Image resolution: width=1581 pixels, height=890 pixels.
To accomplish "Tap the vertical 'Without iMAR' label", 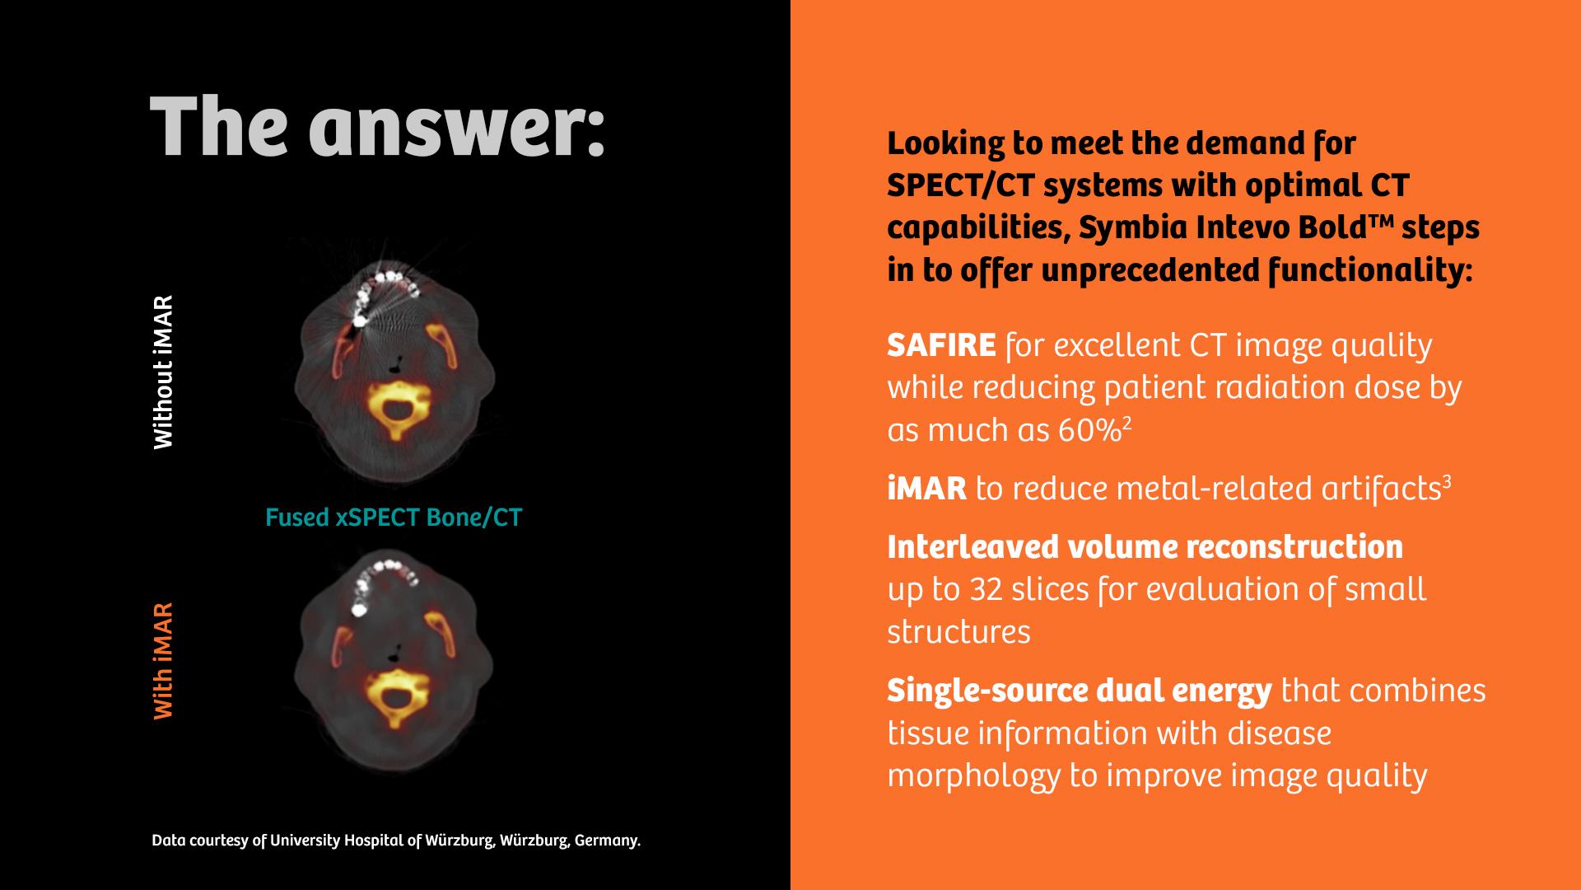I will pyautogui.click(x=164, y=372).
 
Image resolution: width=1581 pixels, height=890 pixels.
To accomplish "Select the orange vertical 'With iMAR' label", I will pyautogui.click(x=164, y=661).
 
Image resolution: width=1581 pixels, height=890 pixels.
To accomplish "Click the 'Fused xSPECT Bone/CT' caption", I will pyautogui.click(x=394, y=518).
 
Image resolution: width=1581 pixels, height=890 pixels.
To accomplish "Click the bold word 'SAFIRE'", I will pyautogui.click(x=941, y=345).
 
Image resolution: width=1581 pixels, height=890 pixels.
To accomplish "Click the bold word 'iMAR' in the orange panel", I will pyautogui.click(x=926, y=489).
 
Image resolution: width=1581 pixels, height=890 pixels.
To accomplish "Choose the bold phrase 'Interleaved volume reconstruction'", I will pyautogui.click(x=1145, y=546).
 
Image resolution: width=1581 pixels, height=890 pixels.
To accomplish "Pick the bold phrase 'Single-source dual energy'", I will pyautogui.click(x=1079, y=691).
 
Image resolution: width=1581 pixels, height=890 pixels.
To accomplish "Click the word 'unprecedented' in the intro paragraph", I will pyautogui.click(x=1145, y=270).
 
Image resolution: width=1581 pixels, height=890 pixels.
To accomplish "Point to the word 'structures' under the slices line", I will pyautogui.click(x=958, y=632).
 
